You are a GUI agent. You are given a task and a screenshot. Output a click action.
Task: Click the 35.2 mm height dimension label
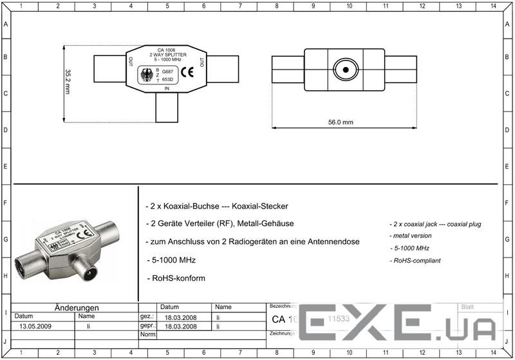coord(68,83)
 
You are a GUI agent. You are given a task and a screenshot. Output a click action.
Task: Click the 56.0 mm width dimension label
coord(341,122)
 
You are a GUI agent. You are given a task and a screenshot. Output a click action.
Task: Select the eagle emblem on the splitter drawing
coord(147,75)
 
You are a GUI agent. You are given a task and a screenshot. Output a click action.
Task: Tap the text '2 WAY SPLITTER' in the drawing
coord(167,55)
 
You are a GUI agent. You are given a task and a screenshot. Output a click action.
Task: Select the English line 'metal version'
coord(411,236)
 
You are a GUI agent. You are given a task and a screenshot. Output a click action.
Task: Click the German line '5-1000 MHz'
coord(172,260)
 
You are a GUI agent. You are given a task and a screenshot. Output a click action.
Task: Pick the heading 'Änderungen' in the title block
coord(76,308)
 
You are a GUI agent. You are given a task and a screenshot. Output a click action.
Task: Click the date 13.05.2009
coord(35,327)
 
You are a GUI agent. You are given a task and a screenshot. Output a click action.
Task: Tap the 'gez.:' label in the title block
coord(147,317)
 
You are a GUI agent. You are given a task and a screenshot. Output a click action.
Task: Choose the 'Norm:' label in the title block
coord(147,335)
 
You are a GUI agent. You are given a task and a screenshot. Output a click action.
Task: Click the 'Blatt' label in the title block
coord(467,307)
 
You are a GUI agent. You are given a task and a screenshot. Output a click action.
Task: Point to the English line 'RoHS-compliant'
coord(415,260)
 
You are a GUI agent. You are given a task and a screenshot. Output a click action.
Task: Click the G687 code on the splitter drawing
coord(167,71)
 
